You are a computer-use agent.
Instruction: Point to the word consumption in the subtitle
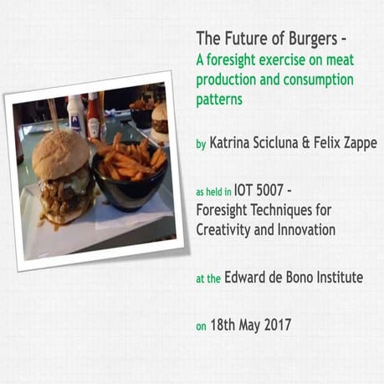click(319, 79)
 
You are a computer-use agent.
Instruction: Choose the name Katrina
click(233, 143)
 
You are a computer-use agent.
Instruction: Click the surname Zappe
click(357, 143)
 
